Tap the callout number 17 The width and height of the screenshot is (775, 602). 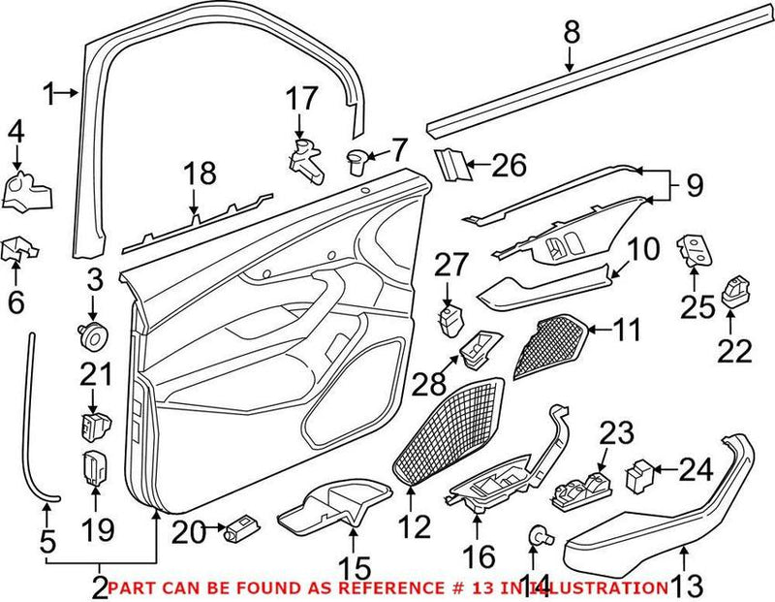(x=300, y=99)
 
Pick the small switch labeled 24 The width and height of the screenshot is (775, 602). (x=641, y=474)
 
